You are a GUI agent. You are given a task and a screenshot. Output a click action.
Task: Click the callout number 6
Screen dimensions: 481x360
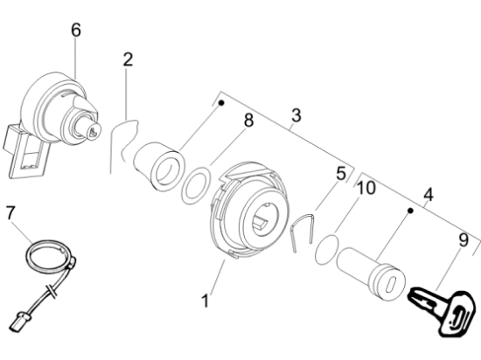pyautogui.click(x=76, y=30)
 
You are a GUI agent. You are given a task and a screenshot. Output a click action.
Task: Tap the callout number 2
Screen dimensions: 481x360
pyautogui.click(x=128, y=59)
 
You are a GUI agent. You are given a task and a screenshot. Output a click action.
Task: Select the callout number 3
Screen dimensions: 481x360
pyautogui.click(x=296, y=115)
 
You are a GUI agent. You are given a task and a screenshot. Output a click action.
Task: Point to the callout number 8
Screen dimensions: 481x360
pyautogui.click(x=248, y=120)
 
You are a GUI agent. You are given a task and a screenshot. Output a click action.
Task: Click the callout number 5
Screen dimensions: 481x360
pyautogui.click(x=341, y=174)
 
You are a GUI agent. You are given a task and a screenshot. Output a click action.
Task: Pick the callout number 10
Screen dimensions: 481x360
pyautogui.click(x=366, y=188)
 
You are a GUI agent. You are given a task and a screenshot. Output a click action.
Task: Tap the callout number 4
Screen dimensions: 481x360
pyautogui.click(x=429, y=194)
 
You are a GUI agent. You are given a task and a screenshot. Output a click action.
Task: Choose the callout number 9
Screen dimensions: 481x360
pyautogui.click(x=464, y=240)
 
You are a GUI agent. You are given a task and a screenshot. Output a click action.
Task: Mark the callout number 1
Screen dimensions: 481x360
pyautogui.click(x=206, y=301)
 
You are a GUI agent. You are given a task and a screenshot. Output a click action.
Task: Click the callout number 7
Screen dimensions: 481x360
pyautogui.click(x=10, y=212)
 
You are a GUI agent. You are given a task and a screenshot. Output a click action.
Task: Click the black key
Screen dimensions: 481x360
pyautogui.click(x=441, y=310)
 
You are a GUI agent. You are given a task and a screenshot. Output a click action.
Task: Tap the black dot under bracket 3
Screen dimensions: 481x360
pyautogui.click(x=221, y=103)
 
